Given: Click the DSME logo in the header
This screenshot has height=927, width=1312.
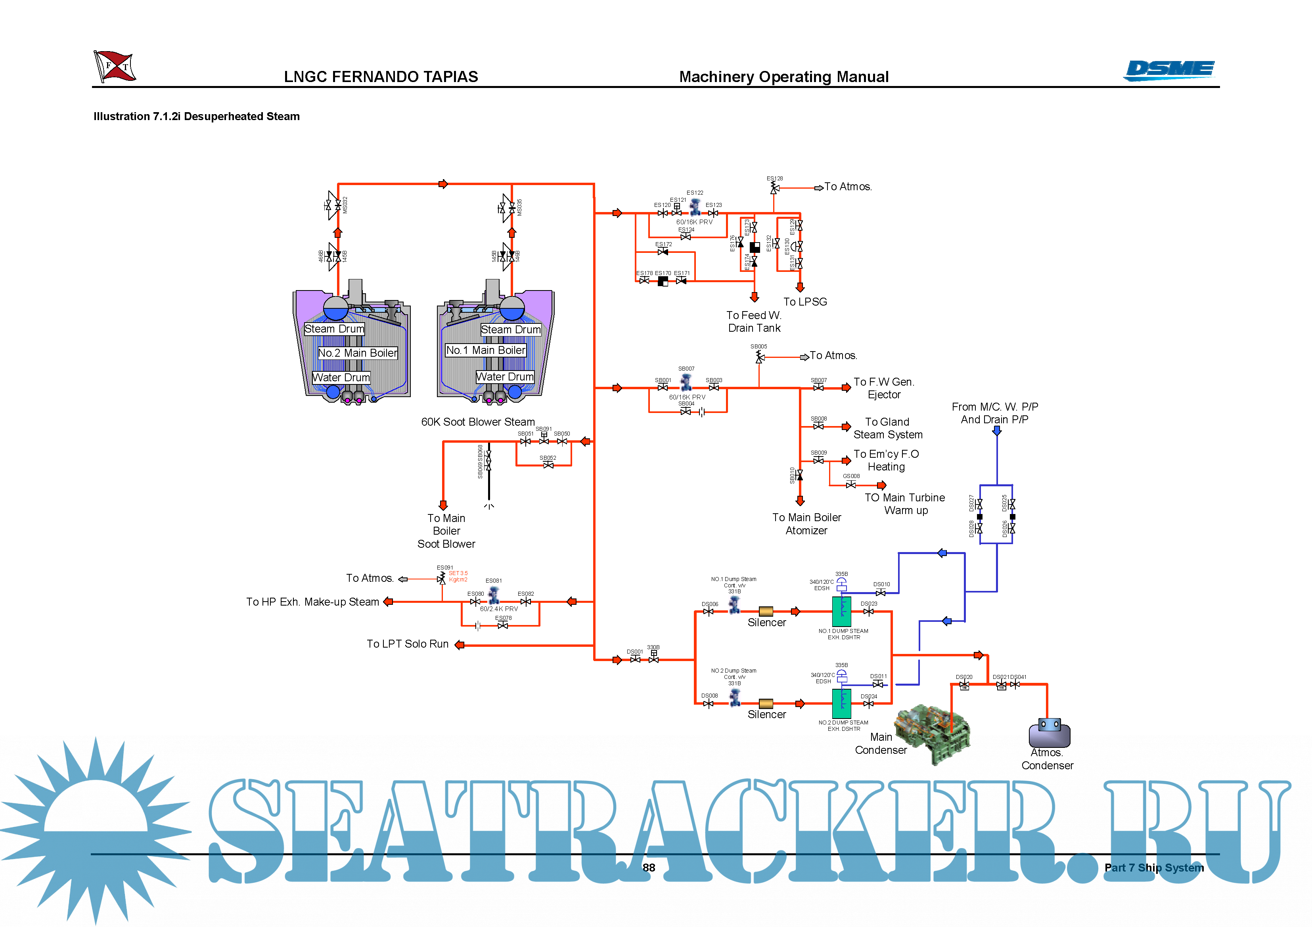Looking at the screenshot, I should click(x=1170, y=70).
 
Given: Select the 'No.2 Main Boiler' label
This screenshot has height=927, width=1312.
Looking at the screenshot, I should click(x=358, y=353).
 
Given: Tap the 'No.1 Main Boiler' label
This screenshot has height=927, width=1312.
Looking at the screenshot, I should click(x=485, y=350).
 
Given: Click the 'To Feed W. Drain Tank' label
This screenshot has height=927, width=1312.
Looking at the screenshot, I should click(x=754, y=321).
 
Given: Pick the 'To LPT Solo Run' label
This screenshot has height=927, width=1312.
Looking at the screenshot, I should click(x=408, y=644).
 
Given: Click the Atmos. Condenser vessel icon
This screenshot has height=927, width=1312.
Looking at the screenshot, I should click(x=1049, y=733).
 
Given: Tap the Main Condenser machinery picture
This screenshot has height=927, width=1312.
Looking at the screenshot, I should click(x=933, y=733).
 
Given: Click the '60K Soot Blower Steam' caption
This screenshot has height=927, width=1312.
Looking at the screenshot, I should click(x=478, y=422).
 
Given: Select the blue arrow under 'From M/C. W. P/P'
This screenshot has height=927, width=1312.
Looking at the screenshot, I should click(x=996, y=431).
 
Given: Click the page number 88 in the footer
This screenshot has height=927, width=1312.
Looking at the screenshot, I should click(x=649, y=868).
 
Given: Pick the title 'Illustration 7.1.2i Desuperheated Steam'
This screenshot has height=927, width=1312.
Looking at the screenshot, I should click(x=197, y=117).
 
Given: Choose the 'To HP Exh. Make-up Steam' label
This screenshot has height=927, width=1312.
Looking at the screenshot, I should click(x=312, y=602).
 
